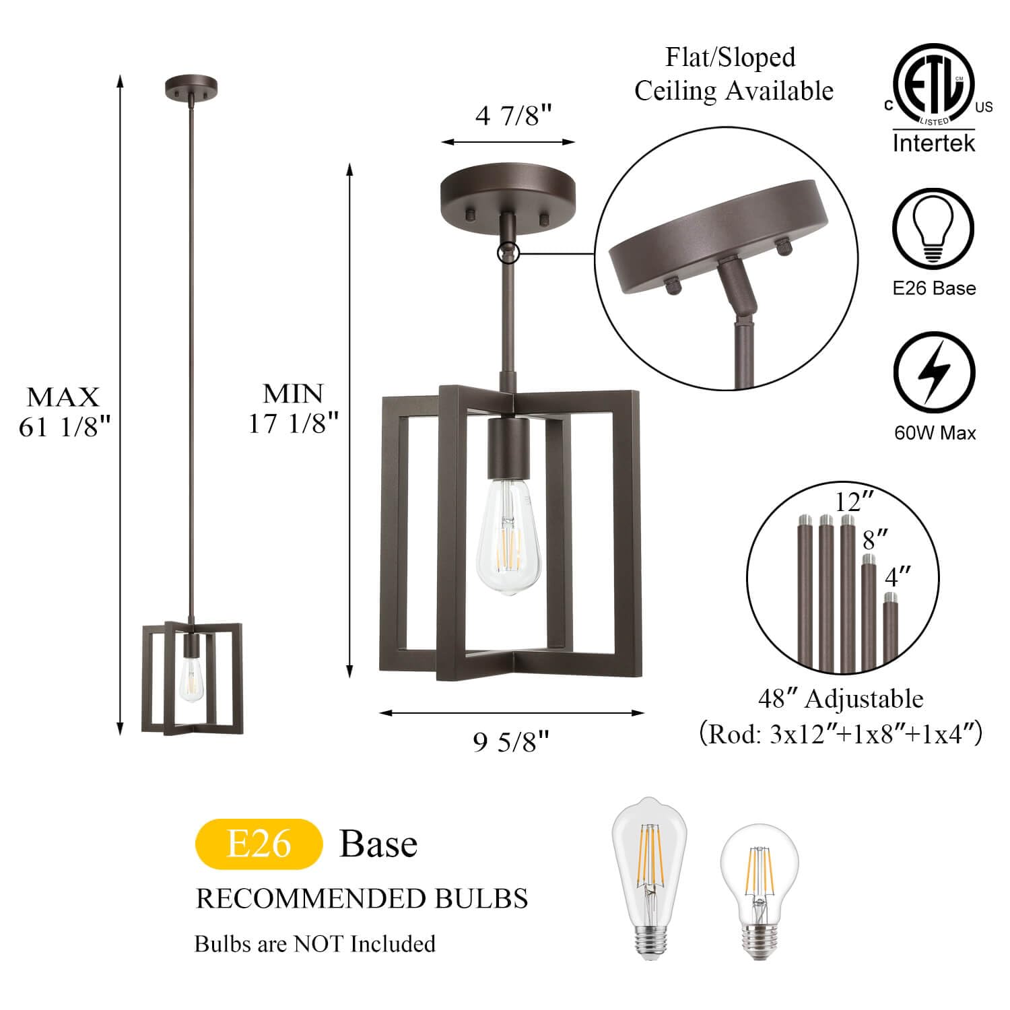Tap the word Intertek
click(933, 143)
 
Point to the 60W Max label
click(935, 433)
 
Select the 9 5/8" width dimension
click(511, 742)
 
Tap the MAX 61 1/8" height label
click(64, 411)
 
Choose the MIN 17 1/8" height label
click(293, 408)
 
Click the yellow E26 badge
click(259, 844)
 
